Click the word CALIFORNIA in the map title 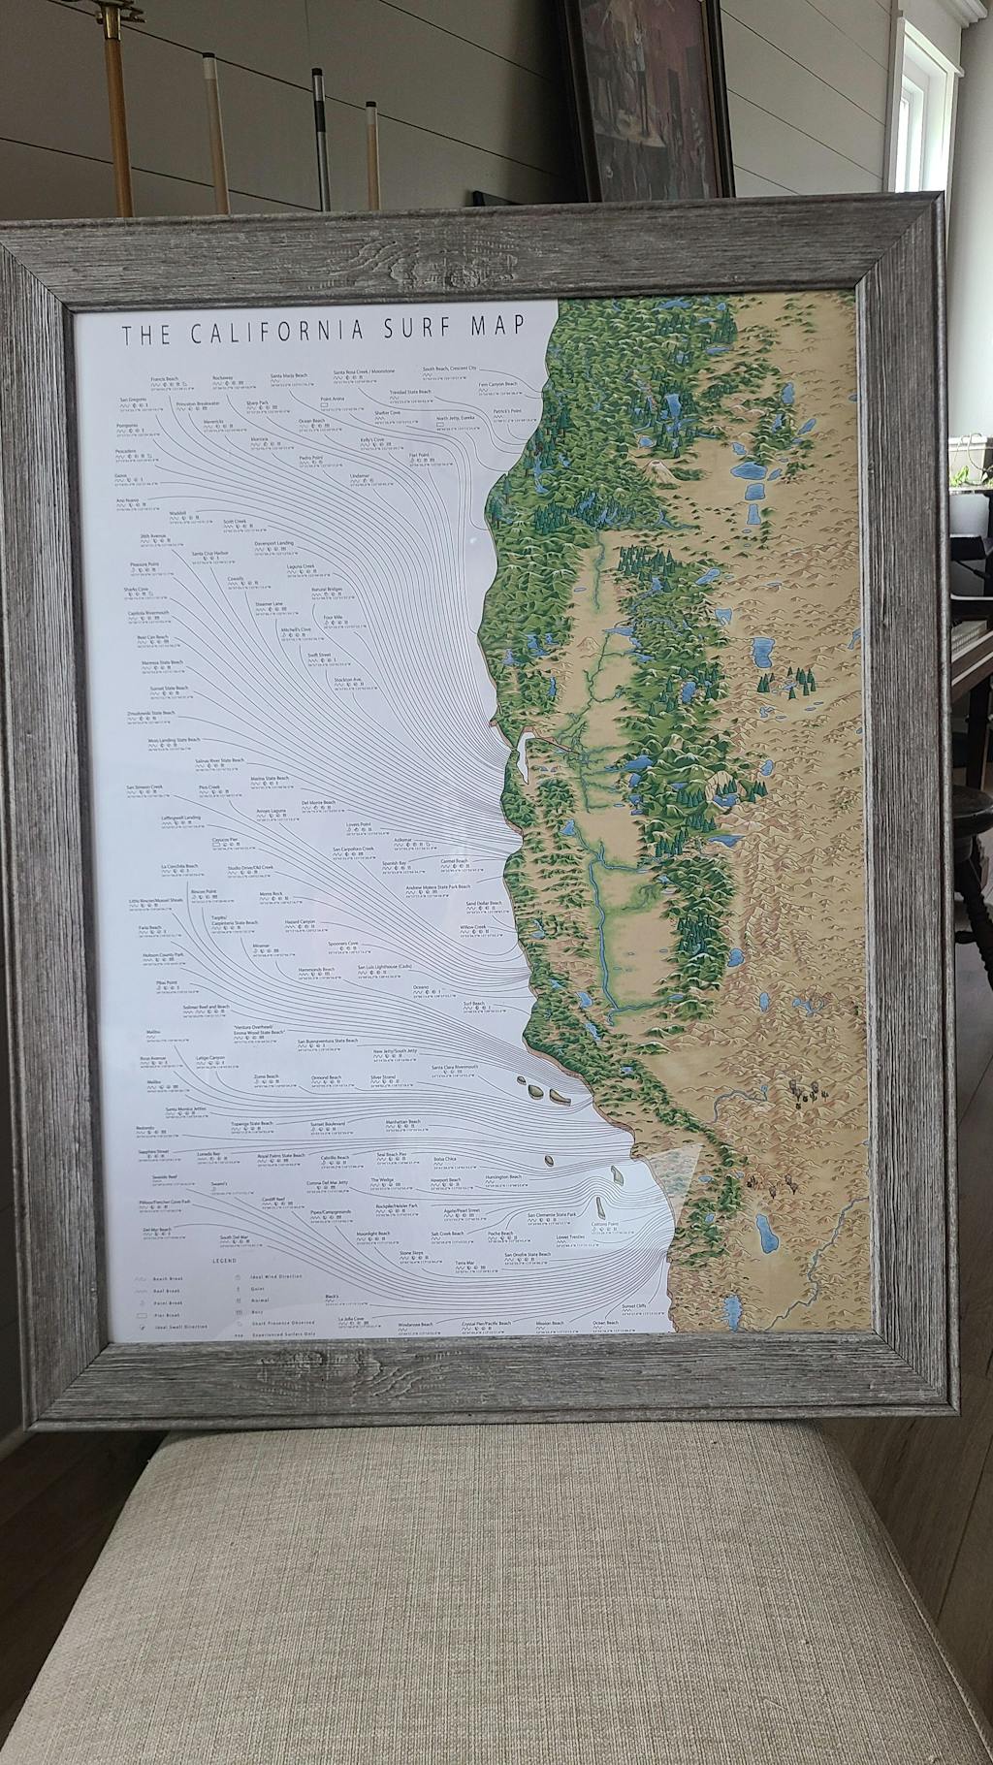[276, 333]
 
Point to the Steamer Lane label [270, 603]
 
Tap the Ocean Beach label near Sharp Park [311, 421]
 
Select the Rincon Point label [204, 889]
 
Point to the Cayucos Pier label [226, 840]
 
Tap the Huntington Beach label [503, 1176]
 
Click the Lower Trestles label [570, 1236]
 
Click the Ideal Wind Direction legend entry [276, 1276]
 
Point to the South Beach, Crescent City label [451, 369]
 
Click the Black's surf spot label [332, 1298]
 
